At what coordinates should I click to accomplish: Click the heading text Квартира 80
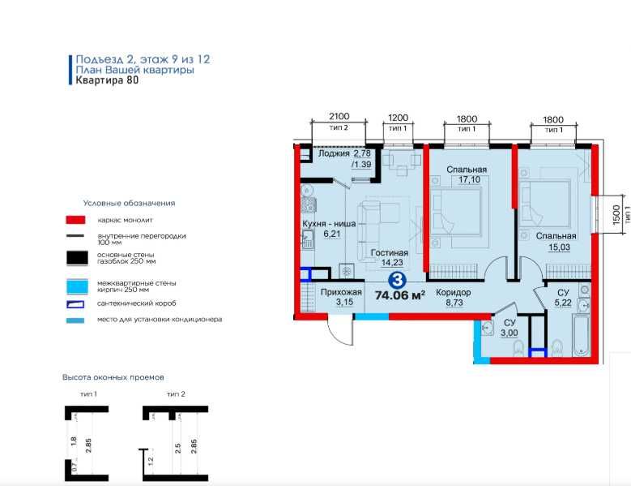107,80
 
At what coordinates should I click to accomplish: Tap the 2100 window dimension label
339,117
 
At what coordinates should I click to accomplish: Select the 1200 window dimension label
398,118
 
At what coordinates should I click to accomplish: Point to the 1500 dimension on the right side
616,215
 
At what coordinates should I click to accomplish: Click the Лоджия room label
334,153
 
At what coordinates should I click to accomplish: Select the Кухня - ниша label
329,224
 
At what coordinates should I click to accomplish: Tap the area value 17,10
470,180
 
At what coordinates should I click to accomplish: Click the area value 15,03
560,247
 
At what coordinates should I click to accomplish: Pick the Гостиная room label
389,252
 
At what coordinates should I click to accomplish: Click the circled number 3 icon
398,280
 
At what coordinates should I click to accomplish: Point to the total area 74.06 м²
400,295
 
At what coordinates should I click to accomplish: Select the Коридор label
453,292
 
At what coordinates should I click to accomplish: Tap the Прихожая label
341,292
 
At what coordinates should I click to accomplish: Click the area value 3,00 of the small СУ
509,333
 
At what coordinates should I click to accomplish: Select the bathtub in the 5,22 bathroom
582,335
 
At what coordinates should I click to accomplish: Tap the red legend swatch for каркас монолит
75,220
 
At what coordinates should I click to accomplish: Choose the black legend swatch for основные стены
77,258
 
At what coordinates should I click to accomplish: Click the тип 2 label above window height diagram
176,394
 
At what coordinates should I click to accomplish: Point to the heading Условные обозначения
129,203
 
